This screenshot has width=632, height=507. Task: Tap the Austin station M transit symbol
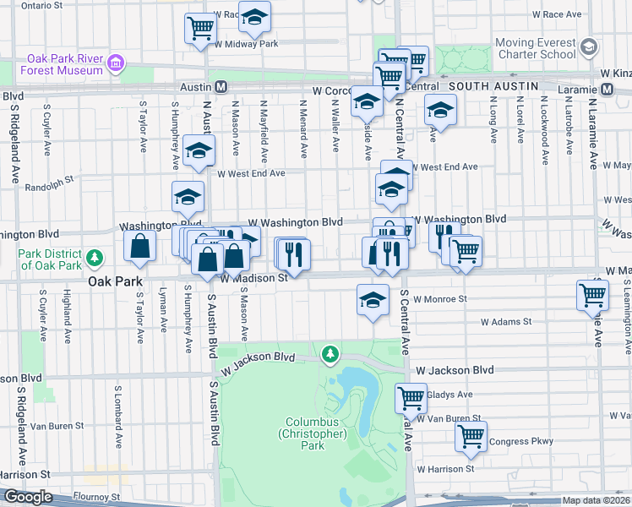pyautogui.click(x=221, y=87)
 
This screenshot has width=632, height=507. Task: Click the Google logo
pyautogui.click(x=28, y=497)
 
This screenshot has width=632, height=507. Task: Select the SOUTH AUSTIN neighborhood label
pyautogui.click(x=493, y=87)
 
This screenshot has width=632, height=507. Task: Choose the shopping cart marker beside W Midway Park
pyautogui.click(x=201, y=29)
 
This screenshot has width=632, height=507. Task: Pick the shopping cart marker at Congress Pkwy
pyautogui.click(x=471, y=436)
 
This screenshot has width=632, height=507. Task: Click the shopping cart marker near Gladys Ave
pyautogui.click(x=411, y=397)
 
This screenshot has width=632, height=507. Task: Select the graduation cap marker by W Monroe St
pyautogui.click(x=373, y=301)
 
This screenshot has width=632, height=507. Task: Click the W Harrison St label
pyautogui.click(x=452, y=469)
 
